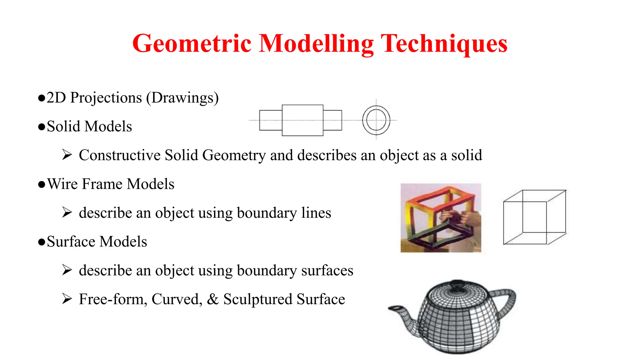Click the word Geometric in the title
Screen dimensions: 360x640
[192, 44]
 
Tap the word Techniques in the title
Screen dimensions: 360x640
[444, 44]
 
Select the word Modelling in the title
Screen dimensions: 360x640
[316, 44]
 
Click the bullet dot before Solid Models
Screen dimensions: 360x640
[42, 127]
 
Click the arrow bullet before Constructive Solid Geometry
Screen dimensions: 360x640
[67, 155]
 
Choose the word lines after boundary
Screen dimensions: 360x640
[316, 213]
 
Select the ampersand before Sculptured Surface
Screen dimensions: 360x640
[212, 299]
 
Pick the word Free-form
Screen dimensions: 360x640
[113, 299]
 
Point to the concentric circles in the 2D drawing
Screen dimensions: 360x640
[376, 120]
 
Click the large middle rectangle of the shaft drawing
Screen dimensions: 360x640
[302, 120]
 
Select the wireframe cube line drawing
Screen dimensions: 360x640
[535, 217]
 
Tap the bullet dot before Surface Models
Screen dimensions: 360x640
[42, 242]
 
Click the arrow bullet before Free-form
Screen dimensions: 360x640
[67, 299]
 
